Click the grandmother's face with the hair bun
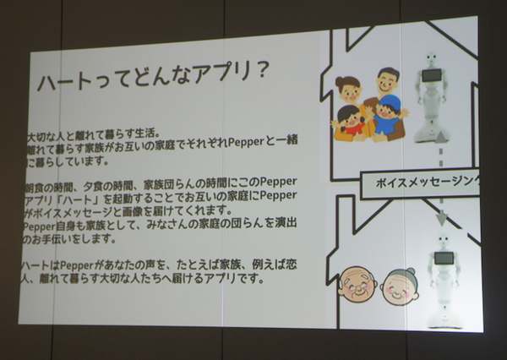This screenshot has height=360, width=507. (399, 285)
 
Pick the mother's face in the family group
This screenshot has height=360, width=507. (348, 89)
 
